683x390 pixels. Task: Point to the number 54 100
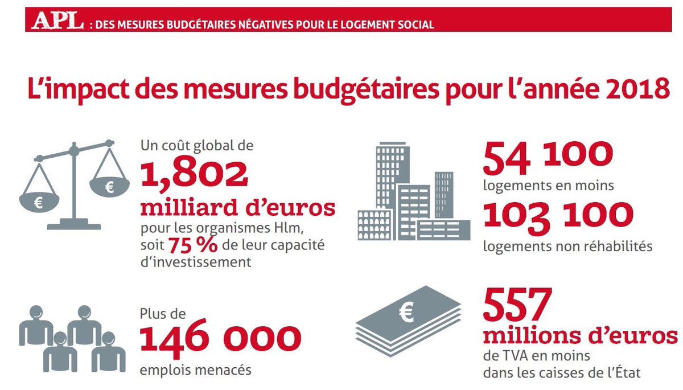[x=548, y=159]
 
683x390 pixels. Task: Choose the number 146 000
[x=220, y=339]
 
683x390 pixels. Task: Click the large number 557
[x=518, y=305]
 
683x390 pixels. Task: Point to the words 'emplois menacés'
[x=195, y=370]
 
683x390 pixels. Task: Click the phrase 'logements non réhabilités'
[x=567, y=246]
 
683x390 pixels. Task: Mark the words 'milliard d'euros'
[x=238, y=208]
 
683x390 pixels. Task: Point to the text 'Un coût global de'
[x=196, y=145]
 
